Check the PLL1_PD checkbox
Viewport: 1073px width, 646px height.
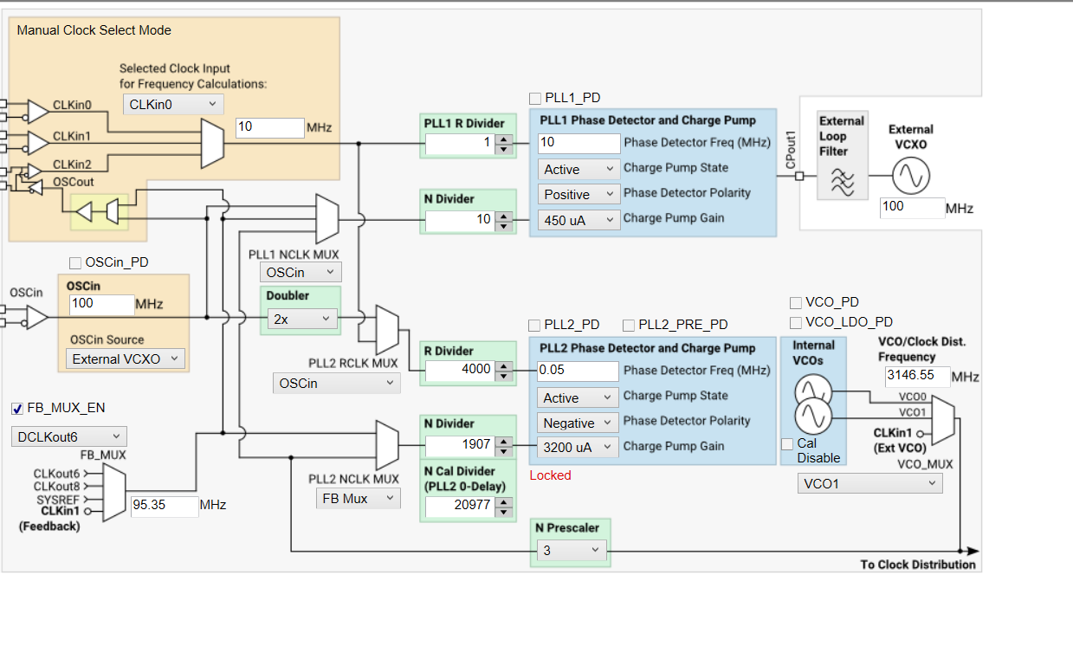(535, 98)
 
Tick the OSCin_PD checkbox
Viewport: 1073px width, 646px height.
(75, 262)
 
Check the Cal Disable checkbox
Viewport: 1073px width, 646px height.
(787, 443)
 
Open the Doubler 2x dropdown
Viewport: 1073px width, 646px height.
(301, 319)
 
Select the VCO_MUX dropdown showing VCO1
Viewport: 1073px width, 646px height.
(869, 483)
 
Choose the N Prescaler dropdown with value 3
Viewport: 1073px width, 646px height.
(570, 550)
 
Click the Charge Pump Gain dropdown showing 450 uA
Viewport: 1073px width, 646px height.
(578, 220)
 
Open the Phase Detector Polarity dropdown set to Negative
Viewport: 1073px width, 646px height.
(578, 423)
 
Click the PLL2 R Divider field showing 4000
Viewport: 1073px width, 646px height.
(457, 370)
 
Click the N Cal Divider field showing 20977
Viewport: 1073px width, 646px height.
(457, 506)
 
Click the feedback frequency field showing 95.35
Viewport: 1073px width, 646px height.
(164, 505)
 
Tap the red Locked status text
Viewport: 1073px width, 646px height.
(550, 475)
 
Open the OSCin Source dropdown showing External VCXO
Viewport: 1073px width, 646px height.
(126, 359)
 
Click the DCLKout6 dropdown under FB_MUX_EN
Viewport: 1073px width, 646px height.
(69, 436)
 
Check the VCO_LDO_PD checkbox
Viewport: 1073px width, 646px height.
(796, 322)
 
